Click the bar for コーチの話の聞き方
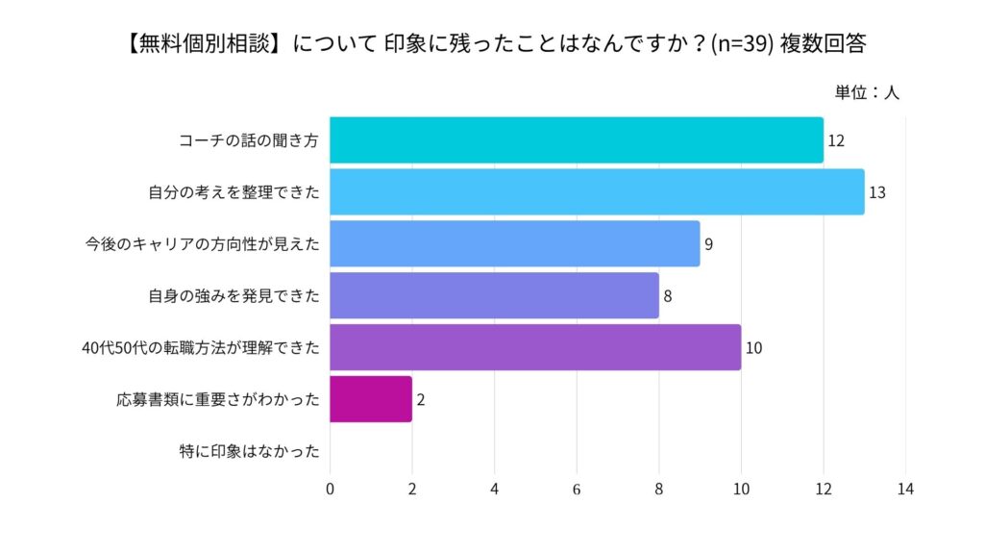[x=577, y=140]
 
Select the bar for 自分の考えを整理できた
[x=597, y=191]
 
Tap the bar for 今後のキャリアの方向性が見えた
[x=514, y=243]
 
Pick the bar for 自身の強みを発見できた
[x=494, y=295]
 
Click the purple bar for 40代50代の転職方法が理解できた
[x=535, y=347]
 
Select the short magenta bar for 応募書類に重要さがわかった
[x=371, y=399]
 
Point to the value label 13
[x=876, y=192]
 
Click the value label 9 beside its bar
[x=708, y=244]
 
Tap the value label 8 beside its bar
[x=667, y=296]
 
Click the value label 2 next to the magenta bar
[x=421, y=400]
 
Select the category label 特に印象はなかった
[x=249, y=451]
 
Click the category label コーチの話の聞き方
[x=249, y=140]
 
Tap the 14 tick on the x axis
[x=905, y=489]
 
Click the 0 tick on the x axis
[x=330, y=489]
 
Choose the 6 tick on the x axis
[x=577, y=489]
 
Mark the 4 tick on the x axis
[x=494, y=489]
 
